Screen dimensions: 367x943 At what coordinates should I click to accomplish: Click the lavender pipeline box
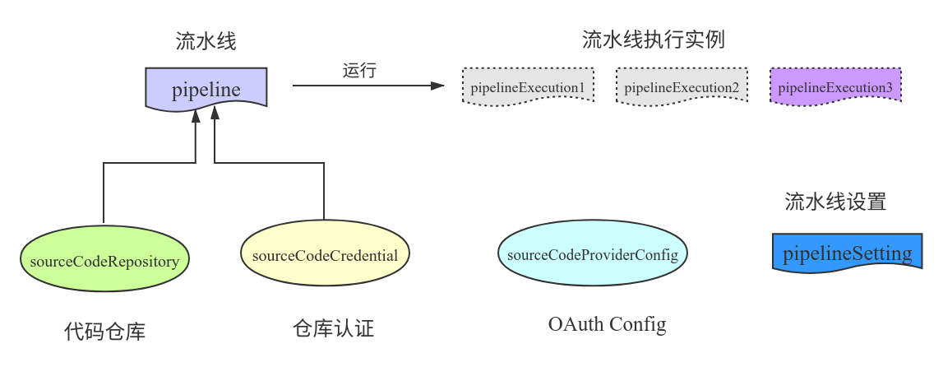coord(206,89)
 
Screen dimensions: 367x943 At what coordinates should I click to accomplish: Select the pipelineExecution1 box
coord(527,86)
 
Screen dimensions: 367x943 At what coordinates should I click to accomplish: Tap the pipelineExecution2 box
coord(682,86)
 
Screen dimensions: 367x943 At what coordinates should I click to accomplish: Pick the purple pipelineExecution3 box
coord(835,86)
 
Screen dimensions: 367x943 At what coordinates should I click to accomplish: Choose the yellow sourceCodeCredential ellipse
coord(325,255)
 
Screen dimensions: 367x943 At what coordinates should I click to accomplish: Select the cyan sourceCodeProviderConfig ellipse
coord(592,254)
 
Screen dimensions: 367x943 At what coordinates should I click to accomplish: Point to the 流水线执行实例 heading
coord(653,39)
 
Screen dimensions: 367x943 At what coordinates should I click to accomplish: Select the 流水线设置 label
coord(835,202)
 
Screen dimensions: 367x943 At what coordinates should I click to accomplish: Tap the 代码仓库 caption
coord(104,332)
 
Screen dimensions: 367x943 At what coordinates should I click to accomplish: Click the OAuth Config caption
coord(607,324)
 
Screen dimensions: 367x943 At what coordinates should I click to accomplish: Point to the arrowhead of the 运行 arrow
coord(437,86)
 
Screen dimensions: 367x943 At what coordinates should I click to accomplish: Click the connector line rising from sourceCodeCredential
coord(324,189)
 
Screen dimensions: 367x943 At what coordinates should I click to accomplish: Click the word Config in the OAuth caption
coord(638,324)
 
